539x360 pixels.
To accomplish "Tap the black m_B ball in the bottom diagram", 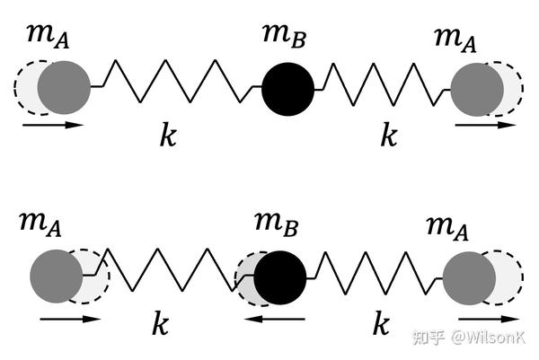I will (x=281, y=277).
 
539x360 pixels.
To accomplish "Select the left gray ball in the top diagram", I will (x=63, y=88).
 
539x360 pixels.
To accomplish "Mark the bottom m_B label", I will (x=277, y=221).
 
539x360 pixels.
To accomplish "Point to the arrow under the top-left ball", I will (x=53, y=125).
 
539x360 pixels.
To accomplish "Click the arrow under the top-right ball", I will (x=486, y=125).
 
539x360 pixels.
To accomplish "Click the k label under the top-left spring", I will (x=168, y=136).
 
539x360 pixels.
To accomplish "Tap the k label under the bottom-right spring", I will (x=382, y=324).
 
